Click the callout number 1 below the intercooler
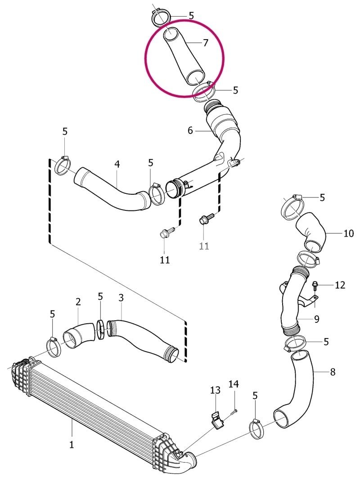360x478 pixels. tap(72, 444)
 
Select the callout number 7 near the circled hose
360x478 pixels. tap(205, 43)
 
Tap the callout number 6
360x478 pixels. tap(190, 131)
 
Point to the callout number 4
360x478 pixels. tap(117, 164)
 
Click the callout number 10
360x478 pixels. tap(348, 233)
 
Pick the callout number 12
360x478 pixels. tap(340, 285)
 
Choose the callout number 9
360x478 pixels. tap(317, 319)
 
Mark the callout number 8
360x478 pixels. tap(333, 372)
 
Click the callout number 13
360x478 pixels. tap(215, 390)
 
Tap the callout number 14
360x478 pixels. tap(234, 384)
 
